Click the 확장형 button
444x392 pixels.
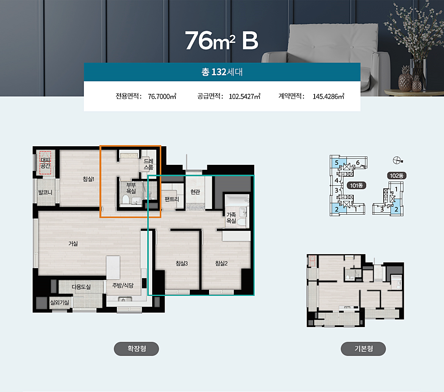137,349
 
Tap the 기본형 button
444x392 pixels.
363,349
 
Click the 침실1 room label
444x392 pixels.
88,179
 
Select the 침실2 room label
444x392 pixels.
222,263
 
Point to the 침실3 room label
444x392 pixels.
182,263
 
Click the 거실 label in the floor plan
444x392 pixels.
73,243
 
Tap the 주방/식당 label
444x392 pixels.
123,285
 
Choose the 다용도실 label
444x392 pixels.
81,287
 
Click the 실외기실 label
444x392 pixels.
60,302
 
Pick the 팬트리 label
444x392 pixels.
172,199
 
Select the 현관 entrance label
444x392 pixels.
195,192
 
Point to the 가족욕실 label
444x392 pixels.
231,218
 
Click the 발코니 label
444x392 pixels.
45,193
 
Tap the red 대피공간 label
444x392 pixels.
45,163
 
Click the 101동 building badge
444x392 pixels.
356,185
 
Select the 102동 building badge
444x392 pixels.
397,176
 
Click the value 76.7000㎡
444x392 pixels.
162,96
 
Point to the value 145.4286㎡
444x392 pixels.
329,96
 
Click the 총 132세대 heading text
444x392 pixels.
222,72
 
